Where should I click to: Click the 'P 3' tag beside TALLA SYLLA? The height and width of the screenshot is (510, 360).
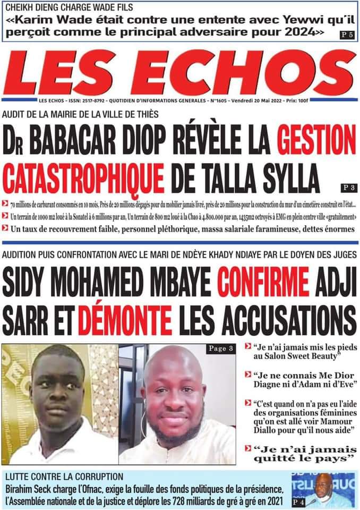347,187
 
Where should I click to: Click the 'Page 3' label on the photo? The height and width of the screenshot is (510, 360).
220,348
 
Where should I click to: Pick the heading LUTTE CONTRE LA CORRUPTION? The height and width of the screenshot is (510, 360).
64,477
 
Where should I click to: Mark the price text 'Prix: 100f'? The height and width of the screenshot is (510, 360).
313,100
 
